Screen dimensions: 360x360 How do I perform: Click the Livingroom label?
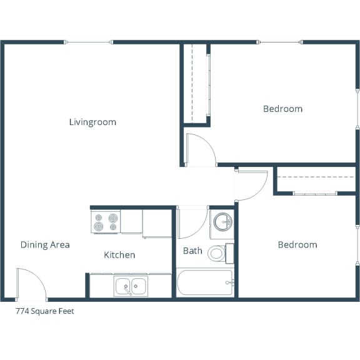click(x=92, y=122)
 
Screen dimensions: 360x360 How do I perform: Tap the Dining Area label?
click(x=45, y=244)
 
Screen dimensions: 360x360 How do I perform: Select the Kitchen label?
click(x=119, y=255)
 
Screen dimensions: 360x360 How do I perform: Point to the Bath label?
click(x=192, y=251)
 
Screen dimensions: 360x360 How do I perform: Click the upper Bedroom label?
click(x=282, y=109)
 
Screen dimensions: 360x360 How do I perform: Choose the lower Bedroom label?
click(x=297, y=244)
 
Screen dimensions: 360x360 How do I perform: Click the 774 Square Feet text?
click(x=45, y=311)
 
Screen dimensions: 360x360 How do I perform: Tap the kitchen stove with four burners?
click(x=106, y=222)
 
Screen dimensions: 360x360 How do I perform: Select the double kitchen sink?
click(x=131, y=287)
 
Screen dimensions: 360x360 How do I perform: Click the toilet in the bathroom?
click(x=217, y=253)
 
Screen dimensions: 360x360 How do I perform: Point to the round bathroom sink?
click(x=222, y=221)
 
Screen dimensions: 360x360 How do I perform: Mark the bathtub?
click(x=205, y=283)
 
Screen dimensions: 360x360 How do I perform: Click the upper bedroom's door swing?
click(x=200, y=151)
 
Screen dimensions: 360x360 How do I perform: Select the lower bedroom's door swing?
click(x=252, y=184)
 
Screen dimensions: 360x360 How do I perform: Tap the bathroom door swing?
click(x=192, y=222)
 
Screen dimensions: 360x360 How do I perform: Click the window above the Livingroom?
click(x=89, y=42)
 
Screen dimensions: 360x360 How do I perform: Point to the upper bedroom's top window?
click(x=281, y=42)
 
